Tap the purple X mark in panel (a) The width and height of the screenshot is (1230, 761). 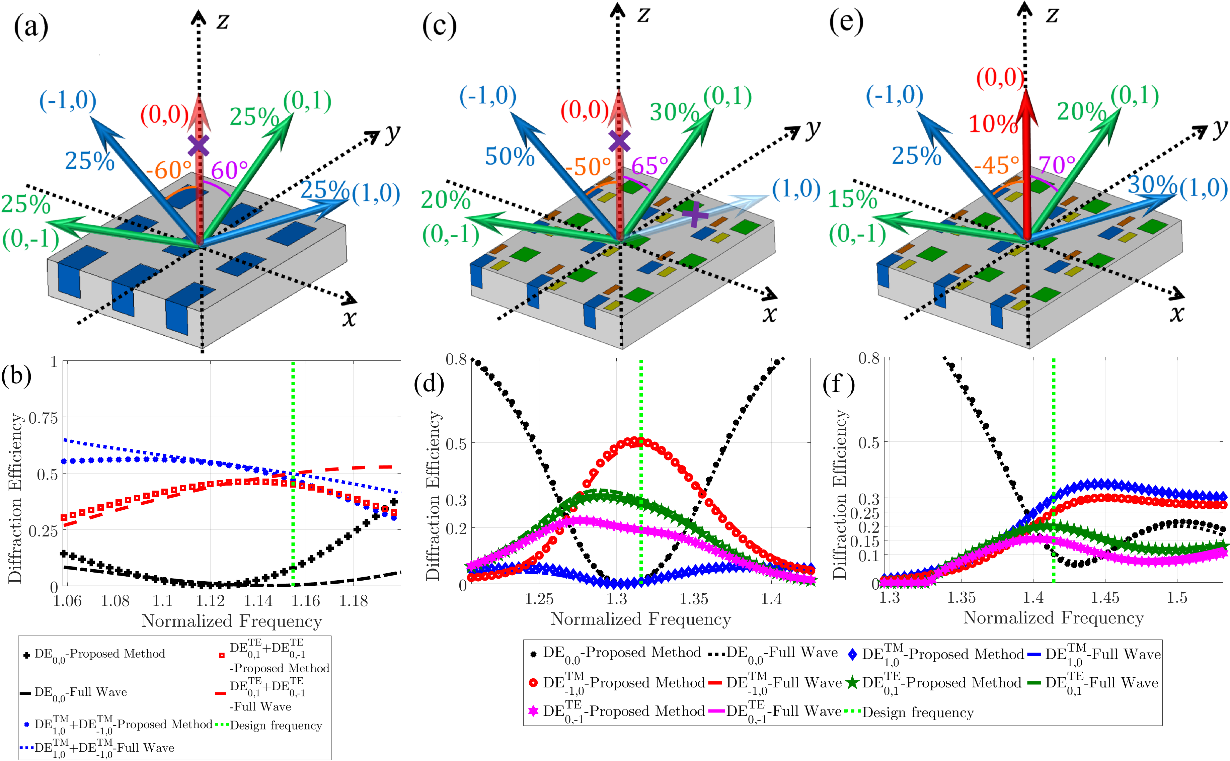point(199,146)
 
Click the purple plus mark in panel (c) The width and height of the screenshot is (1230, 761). point(695,215)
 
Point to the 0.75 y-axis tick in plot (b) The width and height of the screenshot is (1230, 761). point(43,418)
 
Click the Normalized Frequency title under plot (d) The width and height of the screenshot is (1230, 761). point(640,619)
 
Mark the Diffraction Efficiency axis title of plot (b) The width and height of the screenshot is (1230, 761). point(15,498)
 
